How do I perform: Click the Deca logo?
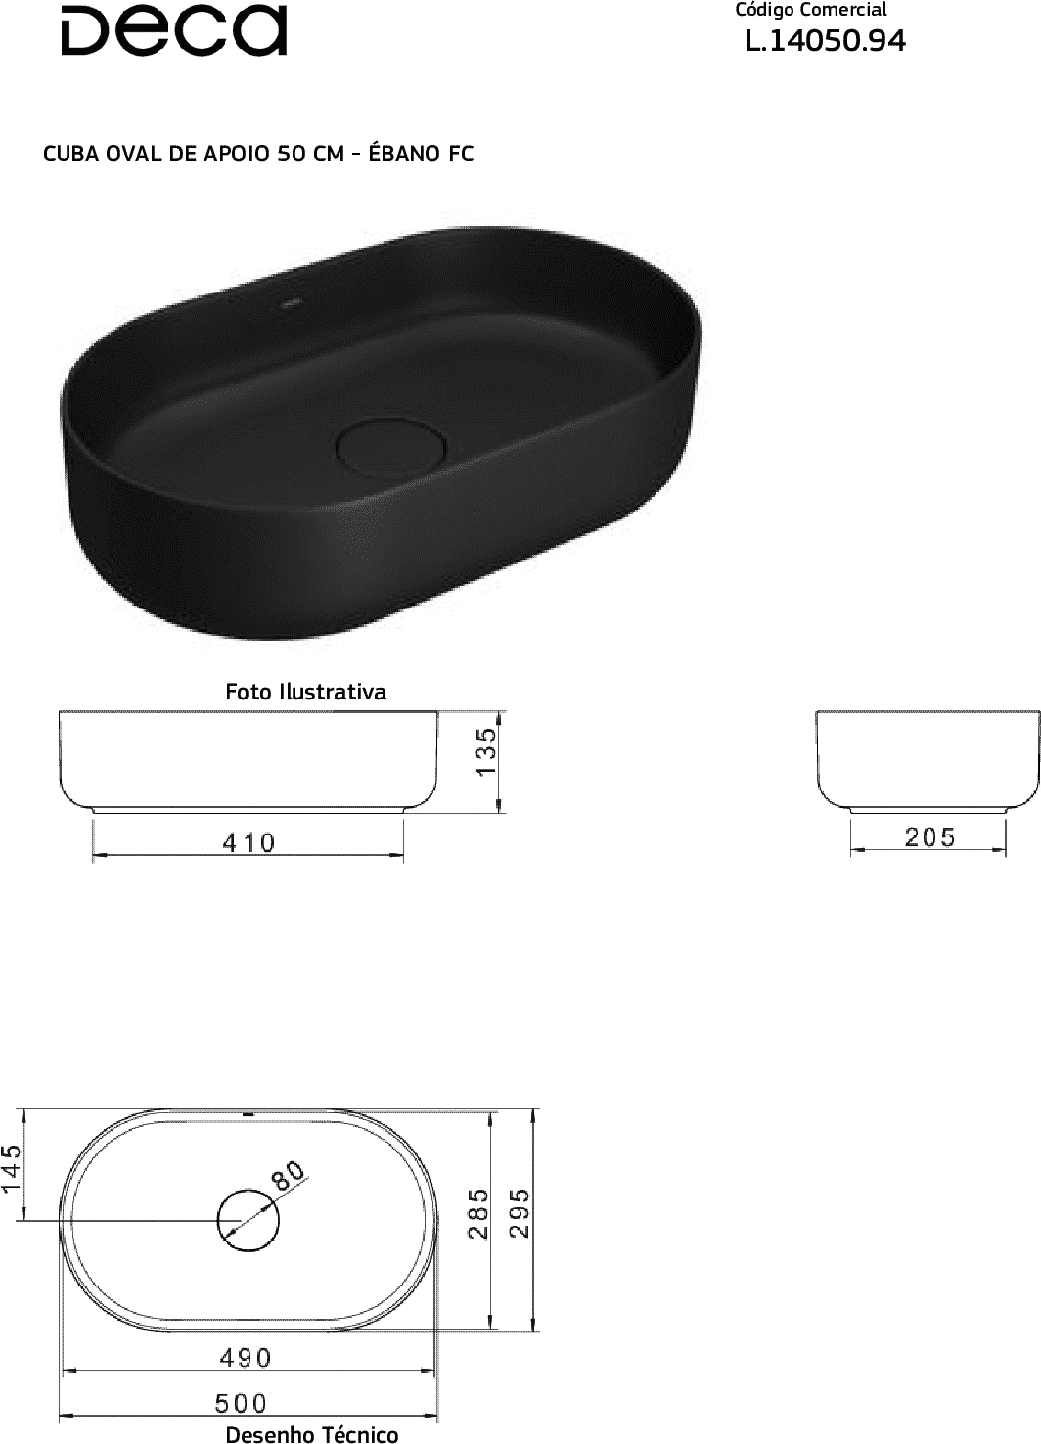coord(174,30)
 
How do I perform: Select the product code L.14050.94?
coord(826,41)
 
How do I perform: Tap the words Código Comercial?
coord(811,11)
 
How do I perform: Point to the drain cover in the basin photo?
coord(391,446)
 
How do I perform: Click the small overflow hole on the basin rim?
coord(292,302)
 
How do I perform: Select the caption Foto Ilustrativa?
coord(305,692)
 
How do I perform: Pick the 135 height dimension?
coord(487,751)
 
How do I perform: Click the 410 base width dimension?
coord(249,842)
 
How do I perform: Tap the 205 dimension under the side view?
coord(929,837)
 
